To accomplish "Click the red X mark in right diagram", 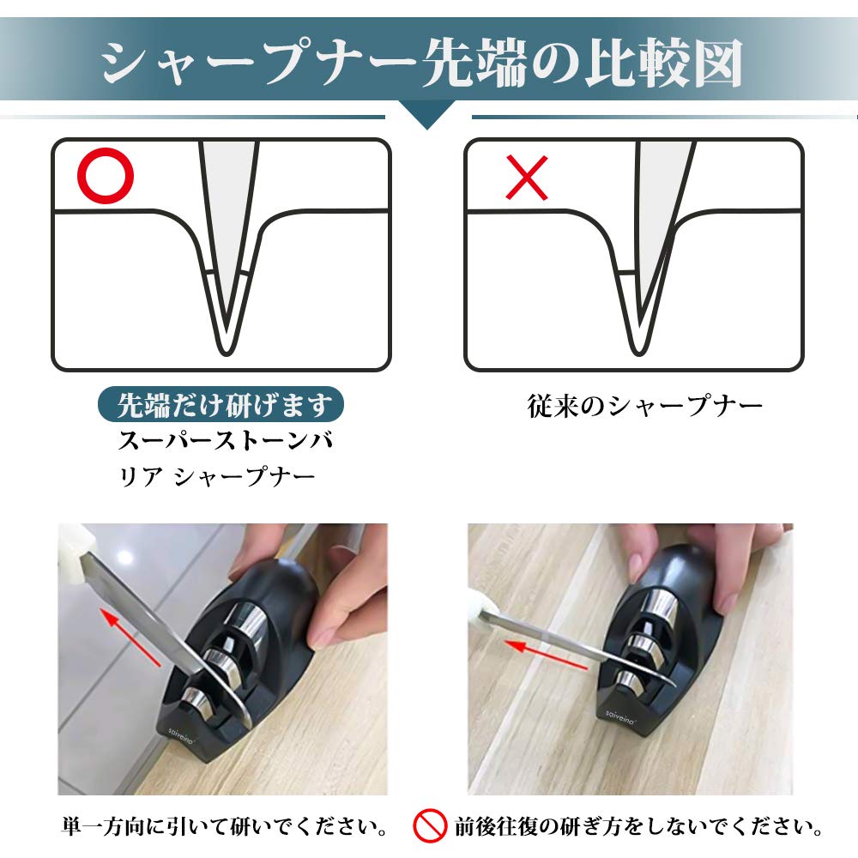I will coord(527,178).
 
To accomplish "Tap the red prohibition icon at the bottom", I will coord(430,827).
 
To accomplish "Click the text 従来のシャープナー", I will coord(644,406).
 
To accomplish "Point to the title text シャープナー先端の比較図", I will coord(421,61).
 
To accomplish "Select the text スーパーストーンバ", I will coord(225,443).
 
